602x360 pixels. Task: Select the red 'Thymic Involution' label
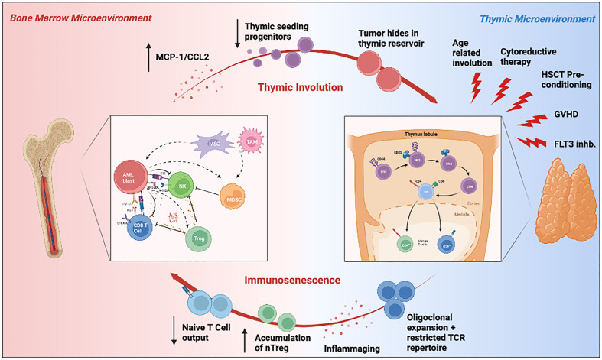pos(300,87)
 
